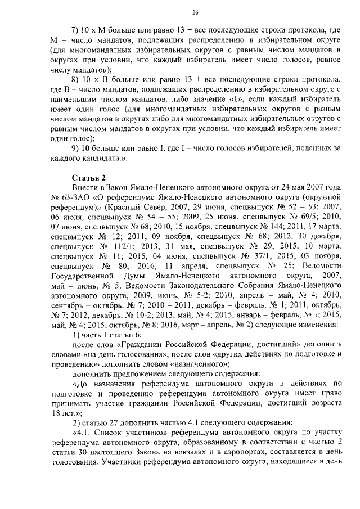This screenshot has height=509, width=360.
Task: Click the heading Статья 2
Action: pyautogui.click(x=88, y=178)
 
